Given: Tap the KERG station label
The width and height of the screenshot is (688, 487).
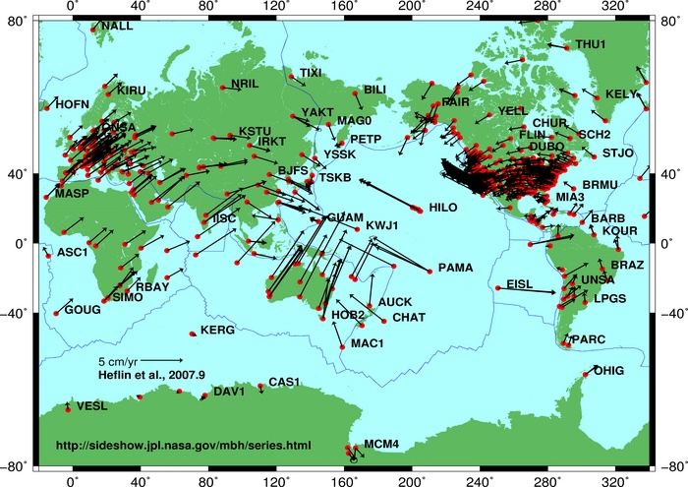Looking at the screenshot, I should click(217, 331).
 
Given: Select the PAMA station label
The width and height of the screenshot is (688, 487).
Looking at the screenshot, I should click(455, 267).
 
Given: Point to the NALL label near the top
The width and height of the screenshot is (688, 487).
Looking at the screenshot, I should click(117, 26).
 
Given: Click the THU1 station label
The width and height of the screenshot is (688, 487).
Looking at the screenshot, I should click(591, 44).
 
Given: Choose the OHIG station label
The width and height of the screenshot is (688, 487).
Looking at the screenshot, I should click(608, 370).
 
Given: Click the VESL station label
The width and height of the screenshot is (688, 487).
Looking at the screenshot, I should click(92, 405).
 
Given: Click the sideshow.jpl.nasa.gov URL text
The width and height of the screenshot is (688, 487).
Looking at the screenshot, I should click(184, 446).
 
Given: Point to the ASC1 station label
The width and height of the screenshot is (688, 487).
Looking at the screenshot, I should click(73, 252).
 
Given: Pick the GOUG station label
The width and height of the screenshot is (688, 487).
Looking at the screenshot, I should click(83, 309).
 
